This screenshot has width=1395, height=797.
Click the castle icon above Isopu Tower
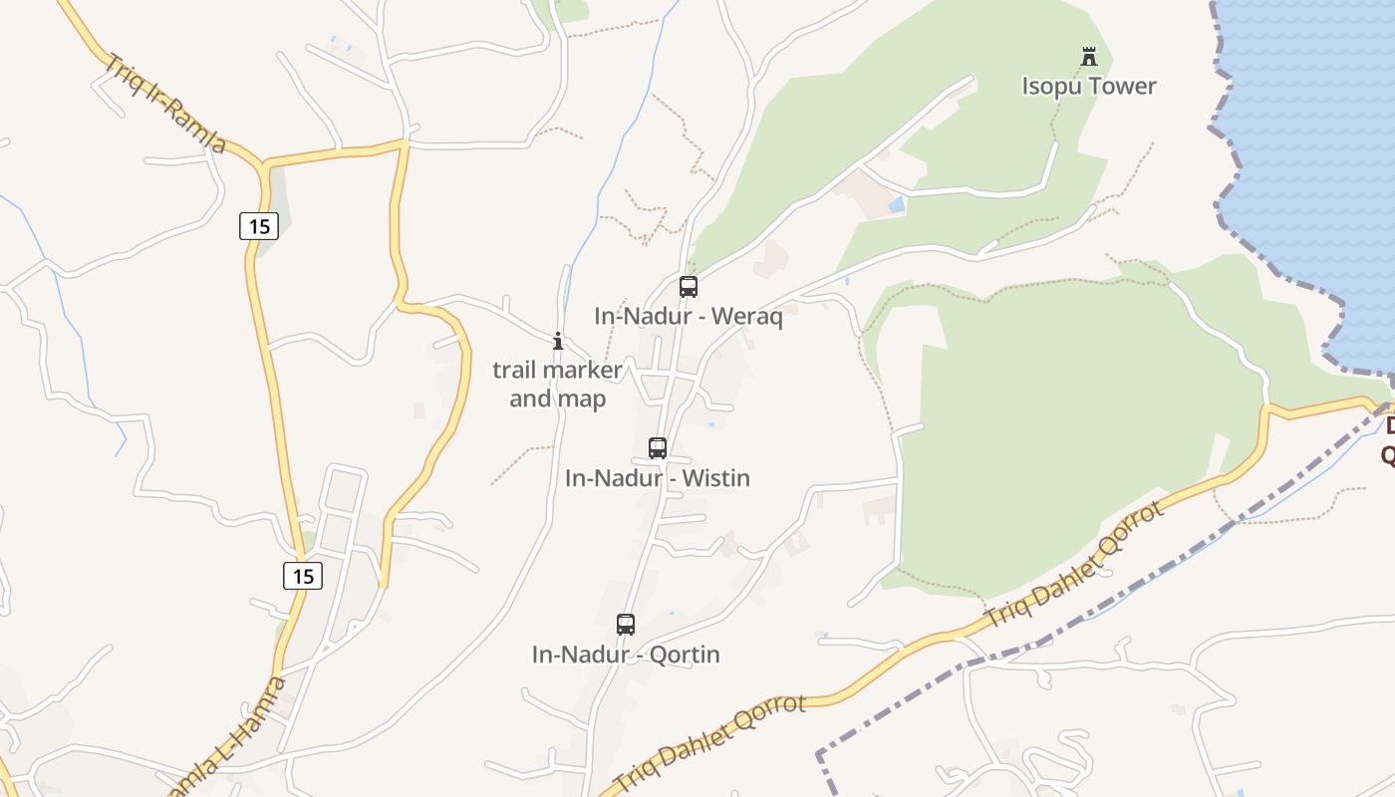(x=1089, y=56)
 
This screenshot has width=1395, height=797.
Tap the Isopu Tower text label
(x=1089, y=86)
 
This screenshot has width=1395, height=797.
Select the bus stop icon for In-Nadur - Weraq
(x=688, y=287)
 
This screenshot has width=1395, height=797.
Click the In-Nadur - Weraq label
(x=689, y=317)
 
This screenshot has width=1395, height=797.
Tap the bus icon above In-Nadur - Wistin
(x=658, y=448)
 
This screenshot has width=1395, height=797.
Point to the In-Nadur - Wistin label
(x=658, y=478)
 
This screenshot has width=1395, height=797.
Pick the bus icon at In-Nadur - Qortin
(x=626, y=625)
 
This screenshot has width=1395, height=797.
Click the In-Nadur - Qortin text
(x=626, y=655)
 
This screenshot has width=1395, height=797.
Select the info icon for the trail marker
(x=558, y=341)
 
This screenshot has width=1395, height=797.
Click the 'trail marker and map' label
(x=558, y=385)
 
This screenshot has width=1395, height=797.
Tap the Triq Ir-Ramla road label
(x=166, y=104)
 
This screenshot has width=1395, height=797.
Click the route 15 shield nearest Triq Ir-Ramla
(x=259, y=226)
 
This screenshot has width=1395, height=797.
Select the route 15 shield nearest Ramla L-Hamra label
(x=303, y=575)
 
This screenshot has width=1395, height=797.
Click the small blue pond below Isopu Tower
(x=897, y=204)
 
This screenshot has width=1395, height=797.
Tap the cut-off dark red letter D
(x=1389, y=426)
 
